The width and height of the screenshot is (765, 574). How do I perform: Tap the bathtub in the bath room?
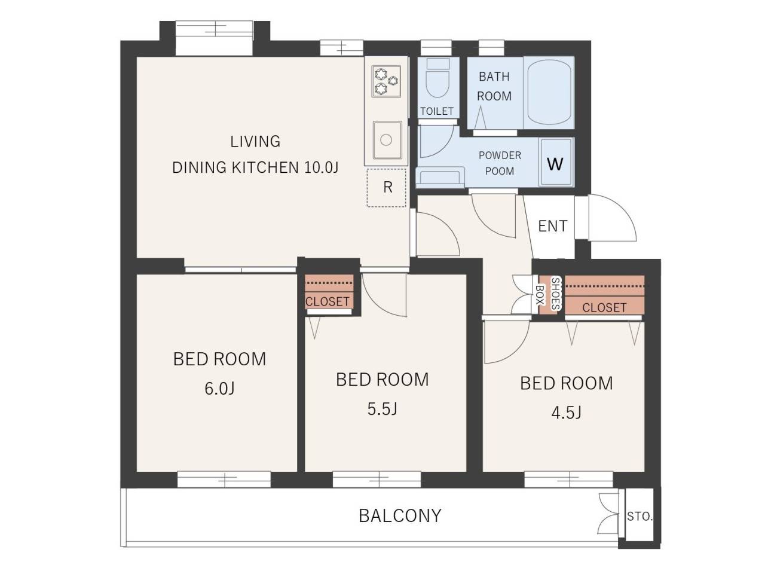coord(549,91)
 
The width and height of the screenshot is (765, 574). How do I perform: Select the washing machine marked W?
coord(556,162)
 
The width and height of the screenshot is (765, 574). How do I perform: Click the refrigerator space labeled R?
coord(387,188)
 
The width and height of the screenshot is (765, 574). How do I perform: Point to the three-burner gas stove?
coord(386,81)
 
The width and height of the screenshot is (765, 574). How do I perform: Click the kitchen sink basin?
coord(387,140)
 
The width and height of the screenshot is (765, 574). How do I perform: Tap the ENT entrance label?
coord(552,226)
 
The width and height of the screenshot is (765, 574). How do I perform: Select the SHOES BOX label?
coord(547,294)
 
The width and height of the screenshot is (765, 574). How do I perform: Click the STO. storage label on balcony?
coord(639,516)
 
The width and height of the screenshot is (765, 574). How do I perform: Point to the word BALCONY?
coord(400,516)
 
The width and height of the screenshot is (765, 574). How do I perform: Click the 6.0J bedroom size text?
coord(219,389)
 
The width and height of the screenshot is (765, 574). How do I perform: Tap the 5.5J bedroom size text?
coord(382,409)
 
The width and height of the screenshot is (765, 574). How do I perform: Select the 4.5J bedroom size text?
coord(567,413)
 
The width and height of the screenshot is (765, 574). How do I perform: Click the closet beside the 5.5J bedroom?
coord(329,292)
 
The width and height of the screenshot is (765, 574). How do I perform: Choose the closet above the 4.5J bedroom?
coord(604,295)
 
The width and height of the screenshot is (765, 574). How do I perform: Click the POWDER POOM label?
coord(500,163)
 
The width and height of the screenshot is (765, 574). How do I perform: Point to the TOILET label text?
coord(437,111)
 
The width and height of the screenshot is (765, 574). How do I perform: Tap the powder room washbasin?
coord(440,177)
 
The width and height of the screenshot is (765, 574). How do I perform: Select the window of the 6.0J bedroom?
coord(224,480)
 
